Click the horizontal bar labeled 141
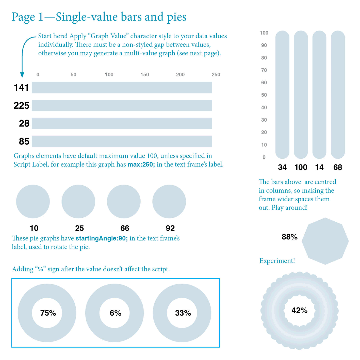point(122,88)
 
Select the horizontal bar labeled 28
point(122,123)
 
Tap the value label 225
point(22,106)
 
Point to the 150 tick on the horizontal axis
point(145,75)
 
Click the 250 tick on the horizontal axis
point(216,75)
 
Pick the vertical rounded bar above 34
point(282,94)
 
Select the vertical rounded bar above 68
point(338,94)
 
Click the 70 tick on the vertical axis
point(264,70)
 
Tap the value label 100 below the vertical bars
point(301,167)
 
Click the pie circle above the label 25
point(78,202)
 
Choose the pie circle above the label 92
point(169,202)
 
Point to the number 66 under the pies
point(125,228)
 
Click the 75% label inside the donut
point(48,313)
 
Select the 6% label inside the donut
point(116,313)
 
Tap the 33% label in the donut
point(183,313)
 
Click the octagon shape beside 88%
point(325,241)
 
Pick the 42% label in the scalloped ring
point(300,310)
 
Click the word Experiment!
point(277,261)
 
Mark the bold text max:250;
point(141,165)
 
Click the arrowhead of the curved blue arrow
point(22,75)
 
